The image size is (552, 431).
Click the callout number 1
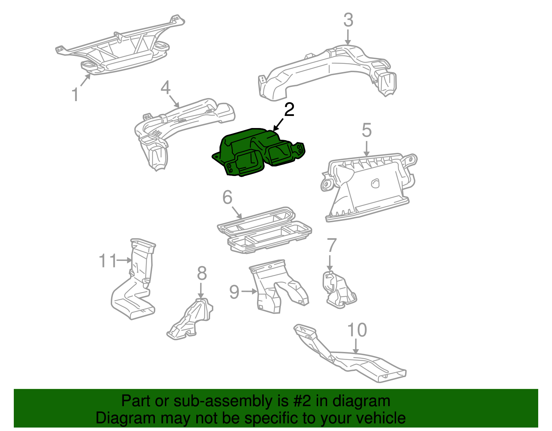(75, 94)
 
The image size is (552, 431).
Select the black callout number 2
(289, 110)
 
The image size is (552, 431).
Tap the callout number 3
(348, 20)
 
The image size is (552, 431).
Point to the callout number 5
(366, 130)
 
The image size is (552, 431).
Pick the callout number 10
(357, 330)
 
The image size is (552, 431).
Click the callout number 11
(108, 261)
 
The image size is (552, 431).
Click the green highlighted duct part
(255, 152)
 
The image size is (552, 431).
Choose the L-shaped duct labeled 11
(135, 286)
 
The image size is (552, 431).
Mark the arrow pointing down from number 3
(348, 37)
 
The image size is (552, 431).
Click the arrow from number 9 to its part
(249, 292)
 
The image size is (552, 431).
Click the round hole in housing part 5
(375, 183)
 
